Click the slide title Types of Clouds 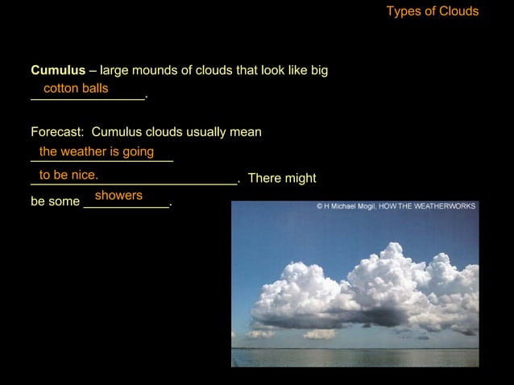coord(432,11)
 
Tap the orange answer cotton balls coord(76,87)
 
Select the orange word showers coord(118,196)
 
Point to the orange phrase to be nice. coord(68,174)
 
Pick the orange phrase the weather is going coord(97,151)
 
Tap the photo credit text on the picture coord(396,206)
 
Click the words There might coord(282,178)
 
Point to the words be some coord(55,202)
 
